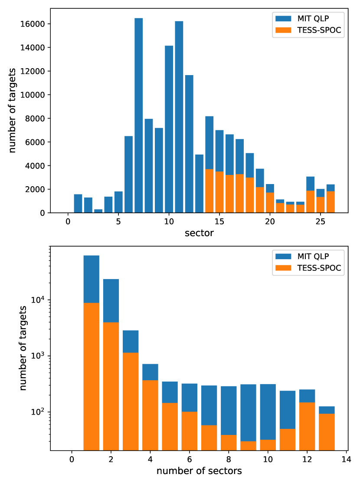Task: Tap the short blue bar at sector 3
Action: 98,211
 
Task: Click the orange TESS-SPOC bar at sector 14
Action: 209,191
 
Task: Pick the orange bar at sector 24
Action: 311,202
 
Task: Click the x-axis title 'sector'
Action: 199,233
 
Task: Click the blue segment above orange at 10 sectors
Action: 268,412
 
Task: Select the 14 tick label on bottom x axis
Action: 346,460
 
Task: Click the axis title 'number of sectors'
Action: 199,471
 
